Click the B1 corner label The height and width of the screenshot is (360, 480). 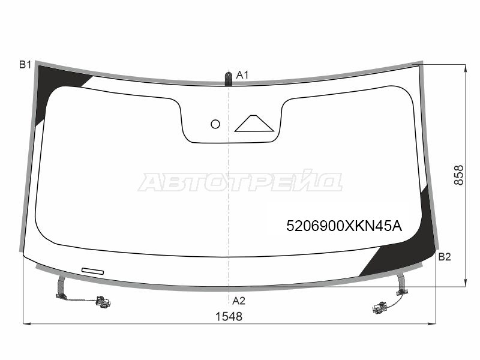pyautogui.click(x=25, y=65)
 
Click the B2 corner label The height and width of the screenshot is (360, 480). pyautogui.click(x=445, y=257)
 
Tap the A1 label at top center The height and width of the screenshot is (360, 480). pyautogui.click(x=242, y=75)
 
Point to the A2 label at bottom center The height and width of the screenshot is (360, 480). pyautogui.click(x=239, y=301)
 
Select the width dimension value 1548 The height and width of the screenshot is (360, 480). pyautogui.click(x=229, y=317)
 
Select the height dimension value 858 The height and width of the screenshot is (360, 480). pyautogui.click(x=459, y=175)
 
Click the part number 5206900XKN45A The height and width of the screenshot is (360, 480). pyautogui.click(x=344, y=226)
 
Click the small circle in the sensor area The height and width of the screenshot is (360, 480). pyautogui.click(x=215, y=124)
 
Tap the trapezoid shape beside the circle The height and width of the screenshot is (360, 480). pyautogui.click(x=254, y=124)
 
